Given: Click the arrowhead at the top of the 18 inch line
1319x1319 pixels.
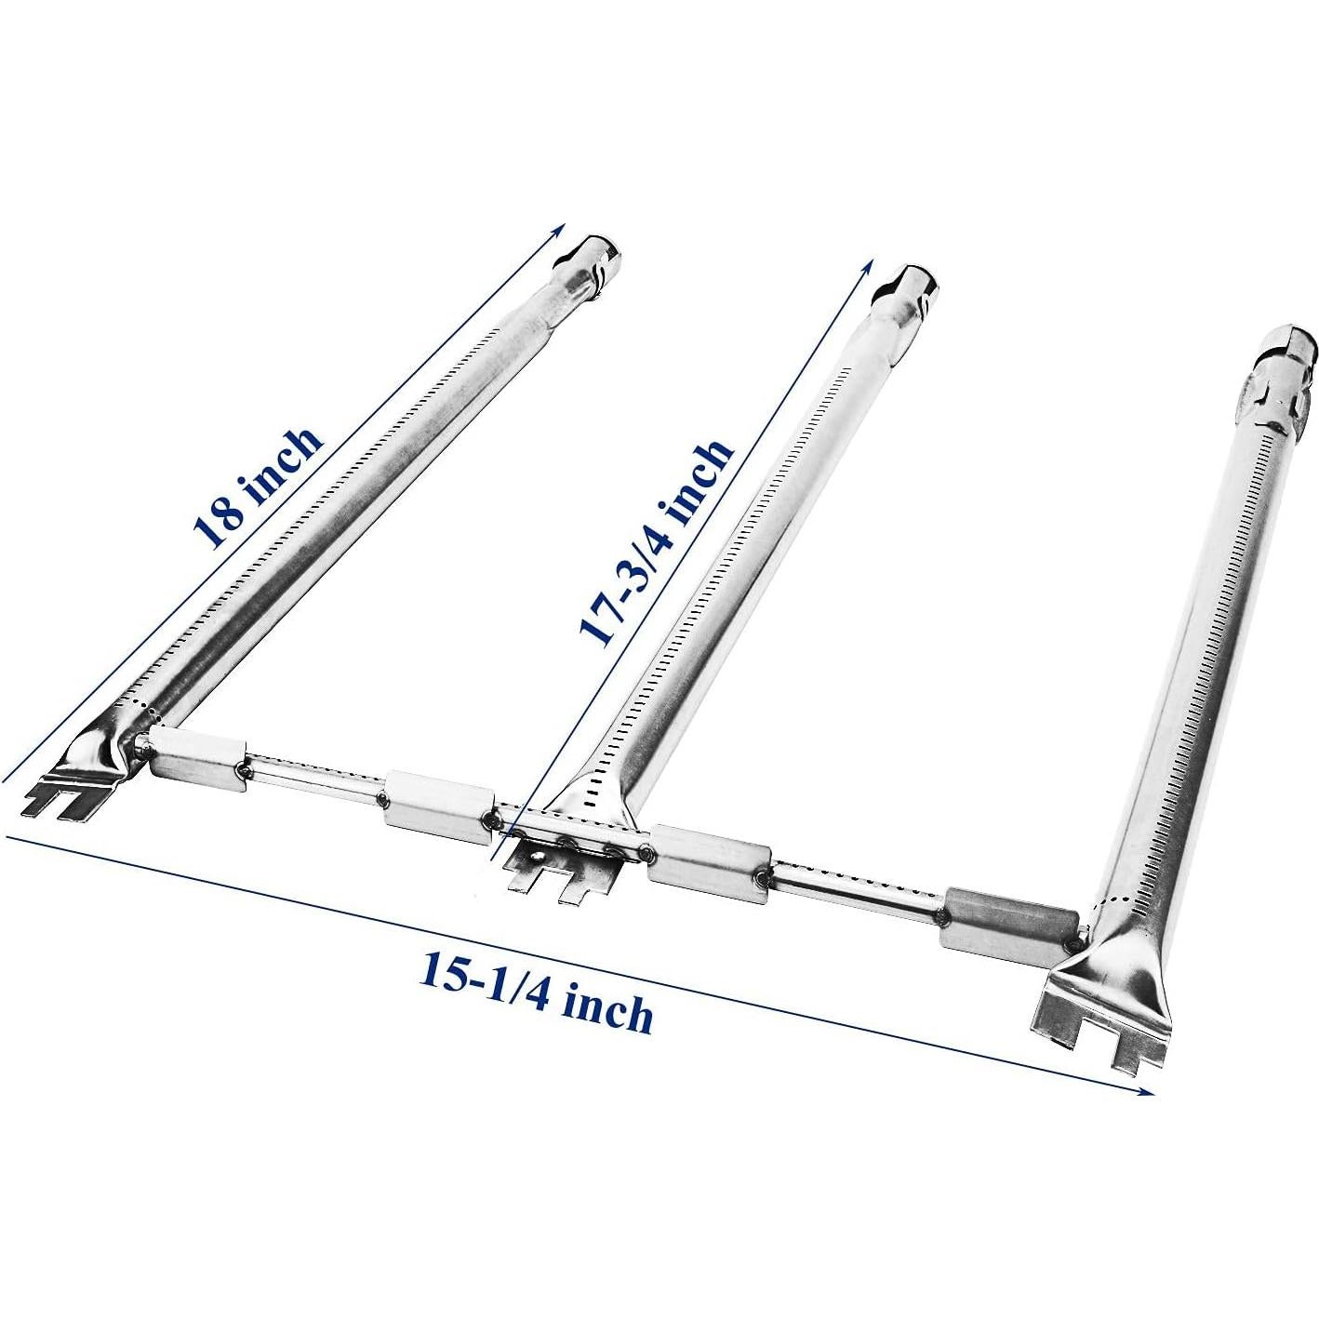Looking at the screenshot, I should coord(561,227).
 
